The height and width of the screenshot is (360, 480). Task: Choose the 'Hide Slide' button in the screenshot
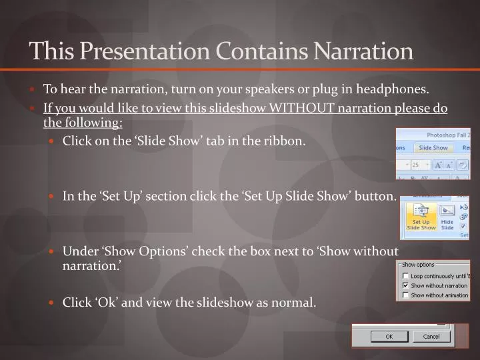tap(447, 217)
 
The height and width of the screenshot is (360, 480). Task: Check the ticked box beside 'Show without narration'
tap(405, 285)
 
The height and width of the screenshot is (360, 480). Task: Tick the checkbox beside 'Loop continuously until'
tap(405, 276)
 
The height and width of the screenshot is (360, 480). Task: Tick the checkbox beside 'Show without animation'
tap(405, 295)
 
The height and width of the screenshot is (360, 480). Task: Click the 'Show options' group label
tap(418, 265)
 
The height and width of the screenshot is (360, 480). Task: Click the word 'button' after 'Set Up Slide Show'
tap(379, 196)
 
